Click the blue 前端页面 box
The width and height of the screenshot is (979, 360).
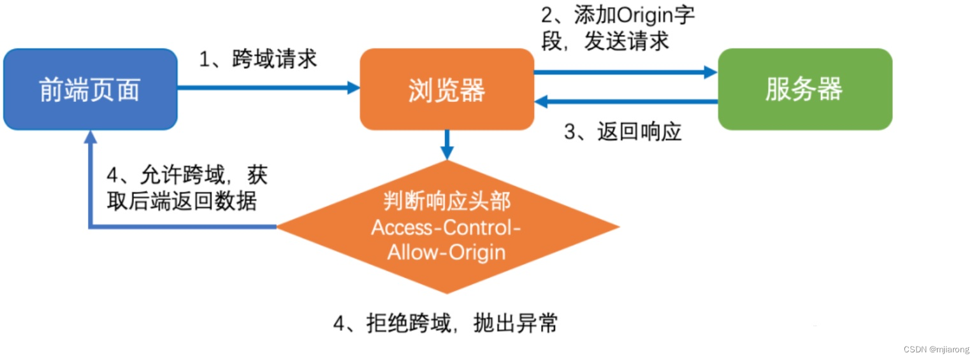(x=90, y=90)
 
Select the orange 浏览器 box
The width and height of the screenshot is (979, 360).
(x=446, y=90)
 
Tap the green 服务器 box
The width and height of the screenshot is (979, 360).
(x=804, y=90)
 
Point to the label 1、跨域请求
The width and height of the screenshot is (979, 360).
(x=258, y=60)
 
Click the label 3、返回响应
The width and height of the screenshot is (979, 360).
(x=623, y=132)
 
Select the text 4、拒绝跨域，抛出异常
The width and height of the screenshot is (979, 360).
(x=446, y=324)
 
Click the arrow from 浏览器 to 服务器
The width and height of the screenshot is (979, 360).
(x=625, y=73)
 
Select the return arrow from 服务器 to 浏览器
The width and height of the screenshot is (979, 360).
(x=625, y=101)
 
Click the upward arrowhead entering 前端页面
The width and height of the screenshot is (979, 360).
(x=91, y=137)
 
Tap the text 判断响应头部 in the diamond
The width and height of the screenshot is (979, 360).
(x=447, y=202)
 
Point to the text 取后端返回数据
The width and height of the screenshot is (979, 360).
(x=182, y=202)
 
